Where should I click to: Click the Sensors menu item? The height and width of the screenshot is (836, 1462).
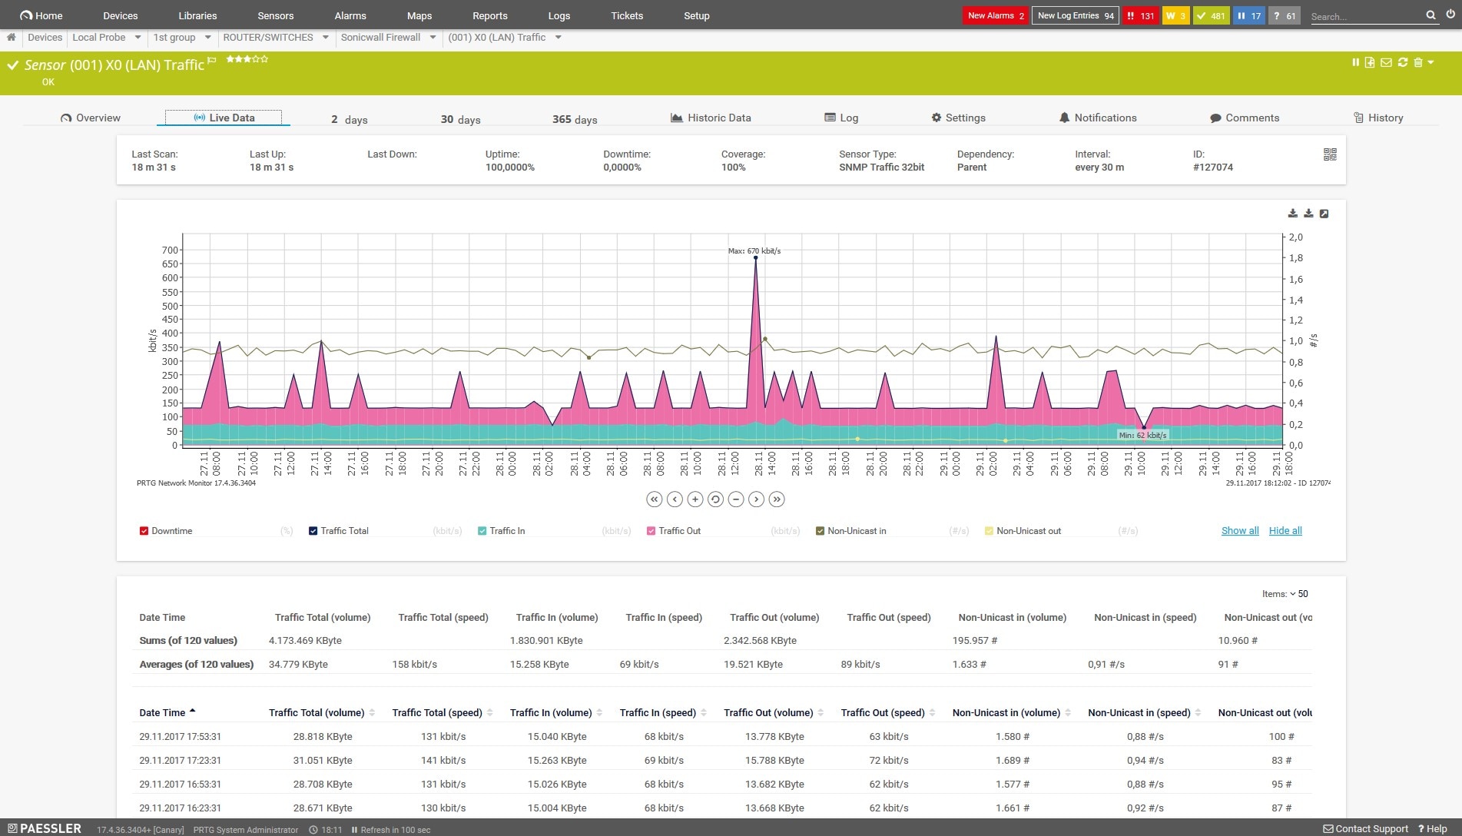[275, 15]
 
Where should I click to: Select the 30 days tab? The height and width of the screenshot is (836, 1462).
[460, 119]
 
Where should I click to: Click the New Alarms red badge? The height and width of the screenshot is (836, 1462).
[996, 15]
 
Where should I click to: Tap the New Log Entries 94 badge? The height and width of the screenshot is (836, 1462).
[1075, 15]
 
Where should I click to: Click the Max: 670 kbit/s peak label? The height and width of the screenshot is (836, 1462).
[754, 250]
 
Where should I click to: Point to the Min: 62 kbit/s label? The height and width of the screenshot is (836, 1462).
[1142, 435]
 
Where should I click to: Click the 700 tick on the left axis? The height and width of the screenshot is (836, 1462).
[170, 250]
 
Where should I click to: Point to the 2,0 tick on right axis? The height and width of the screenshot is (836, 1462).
[1295, 237]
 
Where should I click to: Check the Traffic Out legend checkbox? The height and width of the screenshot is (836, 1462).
[651, 531]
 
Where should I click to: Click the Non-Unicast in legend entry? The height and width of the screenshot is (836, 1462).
[856, 531]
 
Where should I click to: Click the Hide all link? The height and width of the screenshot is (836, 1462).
[1285, 531]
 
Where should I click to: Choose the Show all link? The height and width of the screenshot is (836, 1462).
[1239, 531]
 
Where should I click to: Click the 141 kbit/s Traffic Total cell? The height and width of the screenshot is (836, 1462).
[443, 760]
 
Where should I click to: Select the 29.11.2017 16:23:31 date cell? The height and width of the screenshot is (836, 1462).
[180, 808]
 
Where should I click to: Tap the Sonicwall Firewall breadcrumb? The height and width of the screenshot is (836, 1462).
[380, 37]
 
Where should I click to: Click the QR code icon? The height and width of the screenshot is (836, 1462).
[1330, 154]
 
